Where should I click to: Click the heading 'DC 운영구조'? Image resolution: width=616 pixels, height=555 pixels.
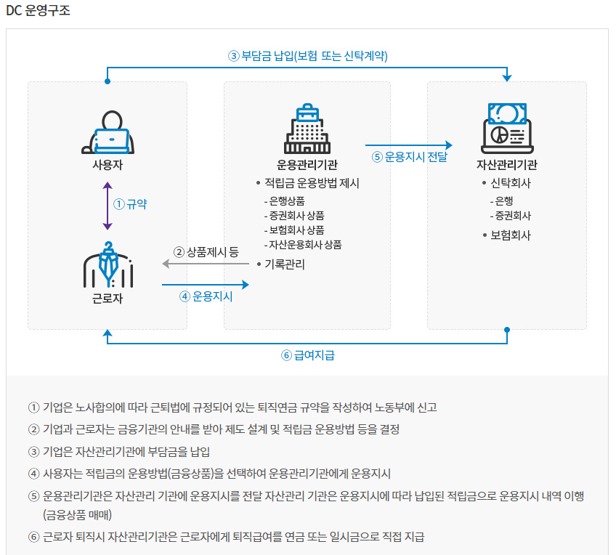(37, 11)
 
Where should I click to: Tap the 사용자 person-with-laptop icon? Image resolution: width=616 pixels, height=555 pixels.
(108, 133)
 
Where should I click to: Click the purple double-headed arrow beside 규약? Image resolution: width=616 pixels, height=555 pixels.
(108, 206)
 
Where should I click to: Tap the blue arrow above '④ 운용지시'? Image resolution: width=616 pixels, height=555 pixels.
(205, 284)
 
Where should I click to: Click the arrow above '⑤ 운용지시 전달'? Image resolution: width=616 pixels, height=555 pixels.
(408, 145)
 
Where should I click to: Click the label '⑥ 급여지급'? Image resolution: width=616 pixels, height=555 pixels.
(307, 355)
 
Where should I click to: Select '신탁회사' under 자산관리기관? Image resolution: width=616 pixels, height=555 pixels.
(511, 183)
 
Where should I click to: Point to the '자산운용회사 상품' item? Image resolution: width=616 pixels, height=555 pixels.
(304, 244)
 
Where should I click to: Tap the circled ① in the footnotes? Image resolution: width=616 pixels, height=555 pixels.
(33, 408)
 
